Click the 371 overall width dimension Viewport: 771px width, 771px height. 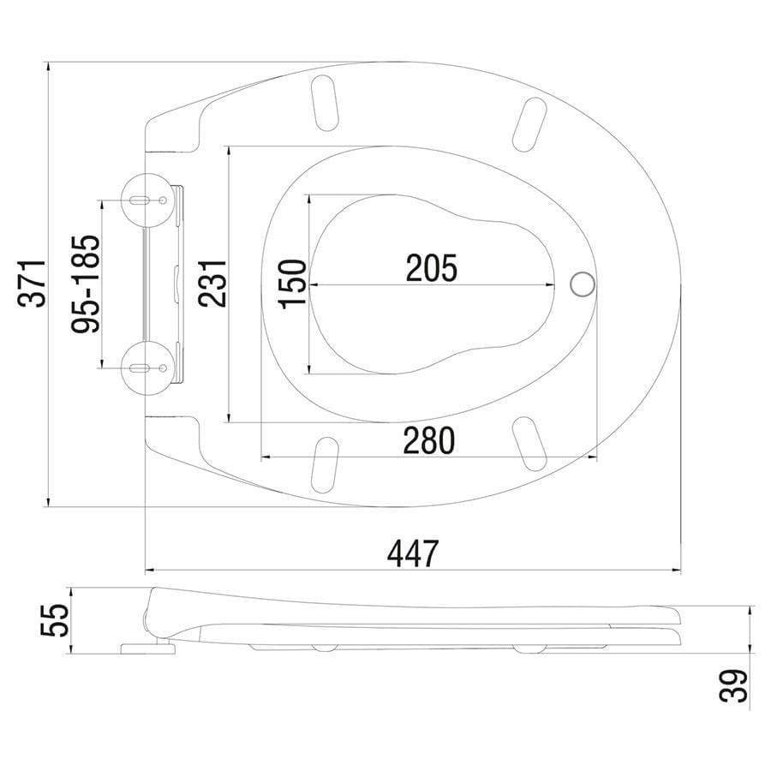[33, 284]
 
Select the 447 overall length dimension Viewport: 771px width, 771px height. [412, 553]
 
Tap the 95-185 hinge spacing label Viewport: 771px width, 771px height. [87, 284]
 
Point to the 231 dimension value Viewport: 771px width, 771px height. [211, 284]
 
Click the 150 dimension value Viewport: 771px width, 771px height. [291, 284]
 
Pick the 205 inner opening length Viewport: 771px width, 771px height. [431, 269]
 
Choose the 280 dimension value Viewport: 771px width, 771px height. [429, 441]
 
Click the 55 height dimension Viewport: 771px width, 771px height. [54, 620]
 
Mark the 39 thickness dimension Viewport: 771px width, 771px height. [735, 685]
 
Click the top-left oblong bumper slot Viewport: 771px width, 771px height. [325, 102]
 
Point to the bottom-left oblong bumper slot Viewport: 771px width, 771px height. [324, 464]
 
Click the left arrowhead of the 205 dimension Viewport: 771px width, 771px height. [313, 284]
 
